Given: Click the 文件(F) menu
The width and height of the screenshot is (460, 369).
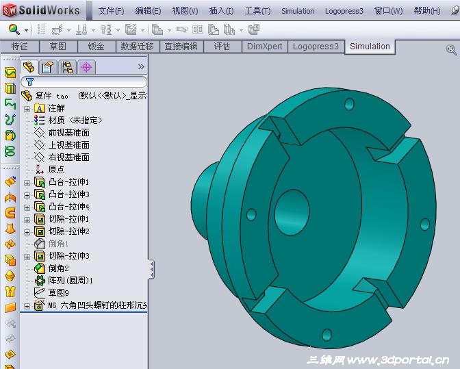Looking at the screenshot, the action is coord(111,11).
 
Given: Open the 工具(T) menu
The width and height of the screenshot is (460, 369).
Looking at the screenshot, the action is coord(257,11).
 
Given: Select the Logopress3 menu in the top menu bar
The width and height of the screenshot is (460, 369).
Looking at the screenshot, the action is coord(344,11).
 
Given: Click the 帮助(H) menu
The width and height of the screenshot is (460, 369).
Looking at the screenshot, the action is coord(427,11).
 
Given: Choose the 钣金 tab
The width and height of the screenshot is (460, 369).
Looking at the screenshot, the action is coord(97,47).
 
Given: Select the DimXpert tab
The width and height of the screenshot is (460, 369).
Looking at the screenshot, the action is coord(265,47).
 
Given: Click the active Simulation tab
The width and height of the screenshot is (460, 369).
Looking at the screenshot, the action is coord(370,47).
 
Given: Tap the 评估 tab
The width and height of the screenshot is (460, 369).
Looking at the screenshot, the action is coord(222,47).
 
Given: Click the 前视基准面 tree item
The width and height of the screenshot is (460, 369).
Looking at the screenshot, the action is coord(68,133).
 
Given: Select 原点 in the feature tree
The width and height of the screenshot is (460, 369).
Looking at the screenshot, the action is coord(56,170).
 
